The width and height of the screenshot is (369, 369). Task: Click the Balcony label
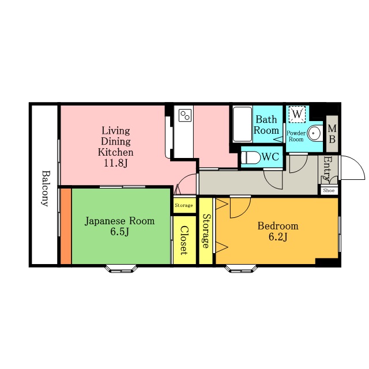[46, 189]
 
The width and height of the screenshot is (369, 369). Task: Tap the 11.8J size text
[115, 163]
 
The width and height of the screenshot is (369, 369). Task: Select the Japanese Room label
[119, 221]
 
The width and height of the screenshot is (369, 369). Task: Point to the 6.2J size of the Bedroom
[278, 237]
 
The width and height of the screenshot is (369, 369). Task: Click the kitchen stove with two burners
[185, 115]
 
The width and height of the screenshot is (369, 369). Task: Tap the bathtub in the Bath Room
[243, 124]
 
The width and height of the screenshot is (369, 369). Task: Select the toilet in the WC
[251, 157]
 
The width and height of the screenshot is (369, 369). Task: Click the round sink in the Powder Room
[315, 133]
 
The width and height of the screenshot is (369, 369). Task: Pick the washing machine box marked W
[297, 114]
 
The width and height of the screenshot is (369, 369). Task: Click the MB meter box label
[332, 134]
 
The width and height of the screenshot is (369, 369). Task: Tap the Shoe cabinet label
[329, 190]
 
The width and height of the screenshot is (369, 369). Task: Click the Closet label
[184, 240]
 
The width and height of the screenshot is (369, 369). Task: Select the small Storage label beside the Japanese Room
[184, 205]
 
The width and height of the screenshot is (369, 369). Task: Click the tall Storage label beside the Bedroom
[206, 231]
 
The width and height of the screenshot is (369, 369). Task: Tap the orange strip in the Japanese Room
[66, 226]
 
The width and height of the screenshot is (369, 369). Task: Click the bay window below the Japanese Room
[121, 269]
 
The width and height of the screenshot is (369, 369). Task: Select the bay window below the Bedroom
[241, 269]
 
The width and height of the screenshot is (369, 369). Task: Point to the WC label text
[270, 156]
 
